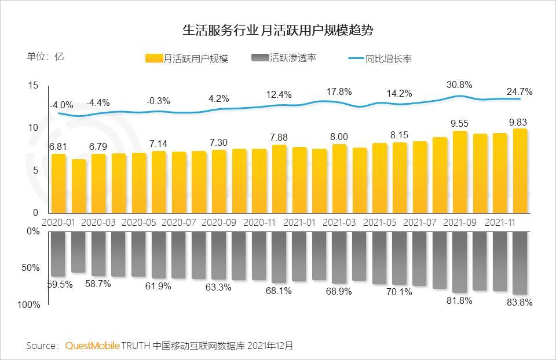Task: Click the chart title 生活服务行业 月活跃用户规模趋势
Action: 277,30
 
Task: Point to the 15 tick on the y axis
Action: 33,86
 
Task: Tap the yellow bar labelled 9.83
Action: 520,171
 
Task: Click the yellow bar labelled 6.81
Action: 58,183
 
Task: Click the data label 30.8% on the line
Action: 460,85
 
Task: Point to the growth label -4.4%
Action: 98,102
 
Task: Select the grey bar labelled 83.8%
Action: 520,263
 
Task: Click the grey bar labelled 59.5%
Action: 58,254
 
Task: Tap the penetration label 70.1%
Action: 400,292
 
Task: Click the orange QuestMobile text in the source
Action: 92,346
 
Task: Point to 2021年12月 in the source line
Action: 270,346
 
